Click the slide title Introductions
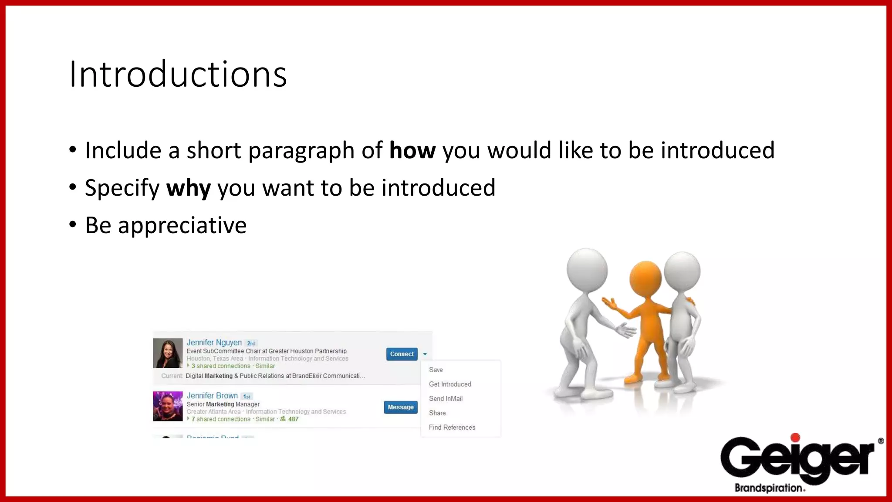coord(178,74)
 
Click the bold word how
coord(412,151)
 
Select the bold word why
coord(188,188)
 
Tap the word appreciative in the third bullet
coord(182,226)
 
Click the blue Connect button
coord(402,354)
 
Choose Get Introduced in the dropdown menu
coord(450,384)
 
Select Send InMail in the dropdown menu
coord(446,398)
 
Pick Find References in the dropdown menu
coord(452,427)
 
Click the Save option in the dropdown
coord(436,370)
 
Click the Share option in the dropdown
coord(437,413)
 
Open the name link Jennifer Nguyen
coord(214,343)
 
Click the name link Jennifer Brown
coord(212,396)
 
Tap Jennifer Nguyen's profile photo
coord(168,353)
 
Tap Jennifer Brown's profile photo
coord(168,406)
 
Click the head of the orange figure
coord(645,279)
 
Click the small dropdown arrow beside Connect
coord(425,354)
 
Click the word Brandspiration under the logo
coord(769,488)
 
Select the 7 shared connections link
coord(221,419)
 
